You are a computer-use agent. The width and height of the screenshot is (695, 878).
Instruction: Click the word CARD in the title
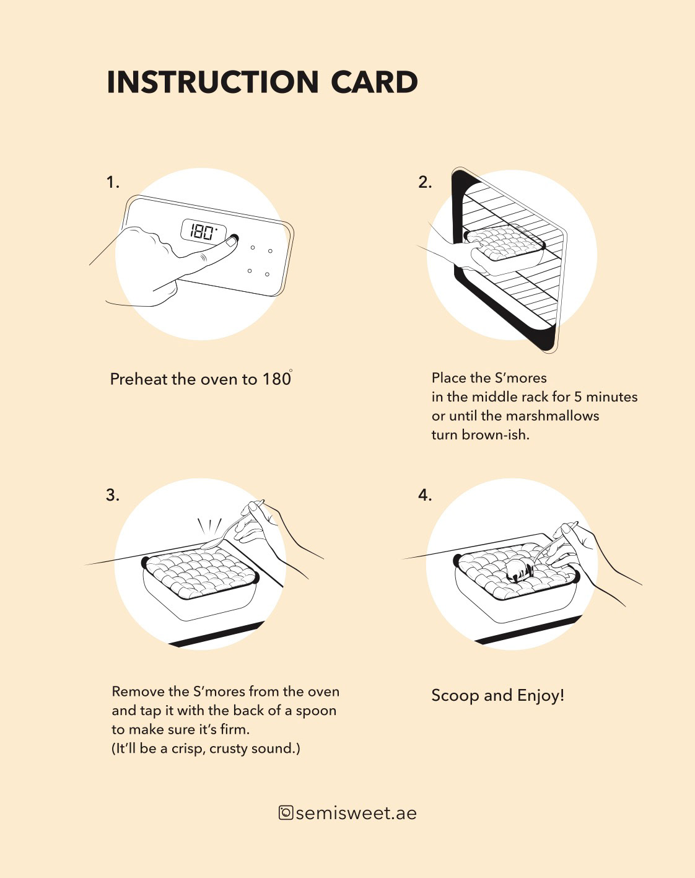[374, 82]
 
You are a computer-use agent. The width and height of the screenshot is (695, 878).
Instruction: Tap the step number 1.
[112, 182]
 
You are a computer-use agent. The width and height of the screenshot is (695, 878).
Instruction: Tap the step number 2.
[424, 182]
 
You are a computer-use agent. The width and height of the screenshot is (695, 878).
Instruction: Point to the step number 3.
[112, 495]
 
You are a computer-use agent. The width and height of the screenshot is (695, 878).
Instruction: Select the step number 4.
[424, 495]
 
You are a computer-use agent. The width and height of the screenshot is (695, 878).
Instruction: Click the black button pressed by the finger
[234, 238]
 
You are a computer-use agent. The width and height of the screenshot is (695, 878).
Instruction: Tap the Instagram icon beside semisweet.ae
[286, 812]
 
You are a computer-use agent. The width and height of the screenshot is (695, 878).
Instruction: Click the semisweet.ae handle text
[356, 813]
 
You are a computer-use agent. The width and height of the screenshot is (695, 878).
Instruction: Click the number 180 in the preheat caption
[276, 379]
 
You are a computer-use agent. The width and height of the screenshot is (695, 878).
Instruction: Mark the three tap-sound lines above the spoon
[209, 527]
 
